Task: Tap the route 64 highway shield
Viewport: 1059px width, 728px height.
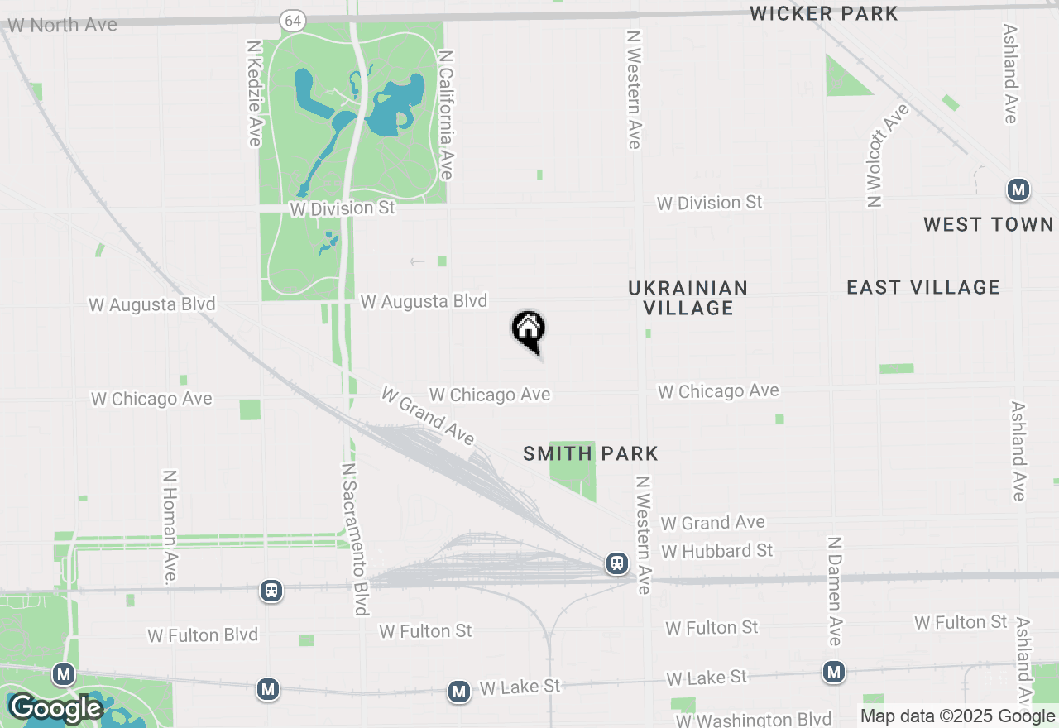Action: tap(290, 22)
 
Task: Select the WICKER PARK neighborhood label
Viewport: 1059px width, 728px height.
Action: tap(823, 13)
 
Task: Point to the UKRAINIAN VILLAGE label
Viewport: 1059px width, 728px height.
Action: tap(688, 298)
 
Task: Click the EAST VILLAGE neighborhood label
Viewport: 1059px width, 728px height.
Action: tap(923, 287)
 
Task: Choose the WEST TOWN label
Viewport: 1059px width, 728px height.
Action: tap(989, 224)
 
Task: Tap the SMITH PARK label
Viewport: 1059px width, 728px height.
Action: tap(591, 453)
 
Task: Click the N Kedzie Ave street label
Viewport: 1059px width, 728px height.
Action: tap(254, 92)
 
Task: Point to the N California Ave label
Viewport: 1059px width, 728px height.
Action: tap(447, 114)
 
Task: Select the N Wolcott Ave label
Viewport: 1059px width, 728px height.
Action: tap(886, 155)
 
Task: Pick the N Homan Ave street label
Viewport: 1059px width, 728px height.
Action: tap(170, 527)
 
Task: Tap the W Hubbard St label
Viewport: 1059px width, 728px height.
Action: tap(717, 551)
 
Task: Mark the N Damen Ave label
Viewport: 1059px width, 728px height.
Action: tap(835, 591)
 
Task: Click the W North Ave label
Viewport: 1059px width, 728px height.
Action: tap(62, 26)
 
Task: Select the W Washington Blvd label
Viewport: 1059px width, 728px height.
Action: tap(753, 720)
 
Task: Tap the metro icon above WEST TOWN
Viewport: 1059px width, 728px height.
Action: tap(1018, 190)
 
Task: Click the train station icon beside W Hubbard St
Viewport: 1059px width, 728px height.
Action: tap(617, 563)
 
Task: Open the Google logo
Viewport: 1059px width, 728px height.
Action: tap(56, 709)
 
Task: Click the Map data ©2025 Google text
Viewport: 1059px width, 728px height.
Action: tap(957, 716)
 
